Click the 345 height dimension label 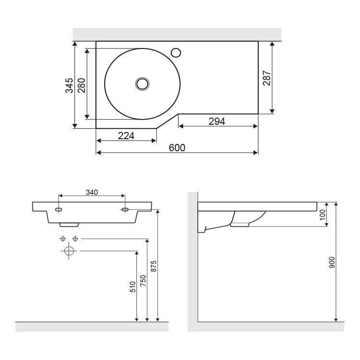point(70,85)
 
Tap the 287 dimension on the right point(267,78)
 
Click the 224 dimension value point(126,135)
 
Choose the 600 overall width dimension point(177,147)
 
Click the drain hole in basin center point(143,84)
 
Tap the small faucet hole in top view point(176,52)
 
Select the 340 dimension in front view point(92,192)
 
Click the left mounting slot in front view point(59,210)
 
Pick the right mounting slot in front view point(124,210)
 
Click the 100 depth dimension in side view point(323,214)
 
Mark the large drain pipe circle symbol point(69,251)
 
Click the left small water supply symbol point(62,239)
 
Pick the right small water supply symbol point(75,239)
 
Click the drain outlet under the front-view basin point(69,224)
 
